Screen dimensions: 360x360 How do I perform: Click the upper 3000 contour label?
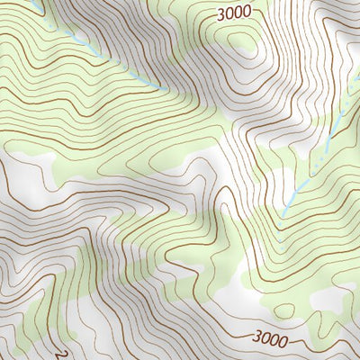(234, 14)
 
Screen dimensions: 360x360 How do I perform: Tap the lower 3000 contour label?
(271, 339)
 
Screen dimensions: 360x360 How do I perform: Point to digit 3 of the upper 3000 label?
(221, 15)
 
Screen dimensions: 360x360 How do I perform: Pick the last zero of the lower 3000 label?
(283, 340)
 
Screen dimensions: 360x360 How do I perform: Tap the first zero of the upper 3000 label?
(229, 14)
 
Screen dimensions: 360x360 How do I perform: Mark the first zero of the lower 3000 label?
(266, 339)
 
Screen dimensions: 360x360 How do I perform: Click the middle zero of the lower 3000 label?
(275, 340)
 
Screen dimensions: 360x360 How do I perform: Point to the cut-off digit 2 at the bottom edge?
(61, 355)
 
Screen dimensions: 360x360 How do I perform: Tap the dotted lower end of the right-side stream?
(284, 212)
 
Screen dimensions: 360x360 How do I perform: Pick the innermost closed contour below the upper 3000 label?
(241, 45)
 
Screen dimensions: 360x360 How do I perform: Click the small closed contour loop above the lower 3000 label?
(284, 311)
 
